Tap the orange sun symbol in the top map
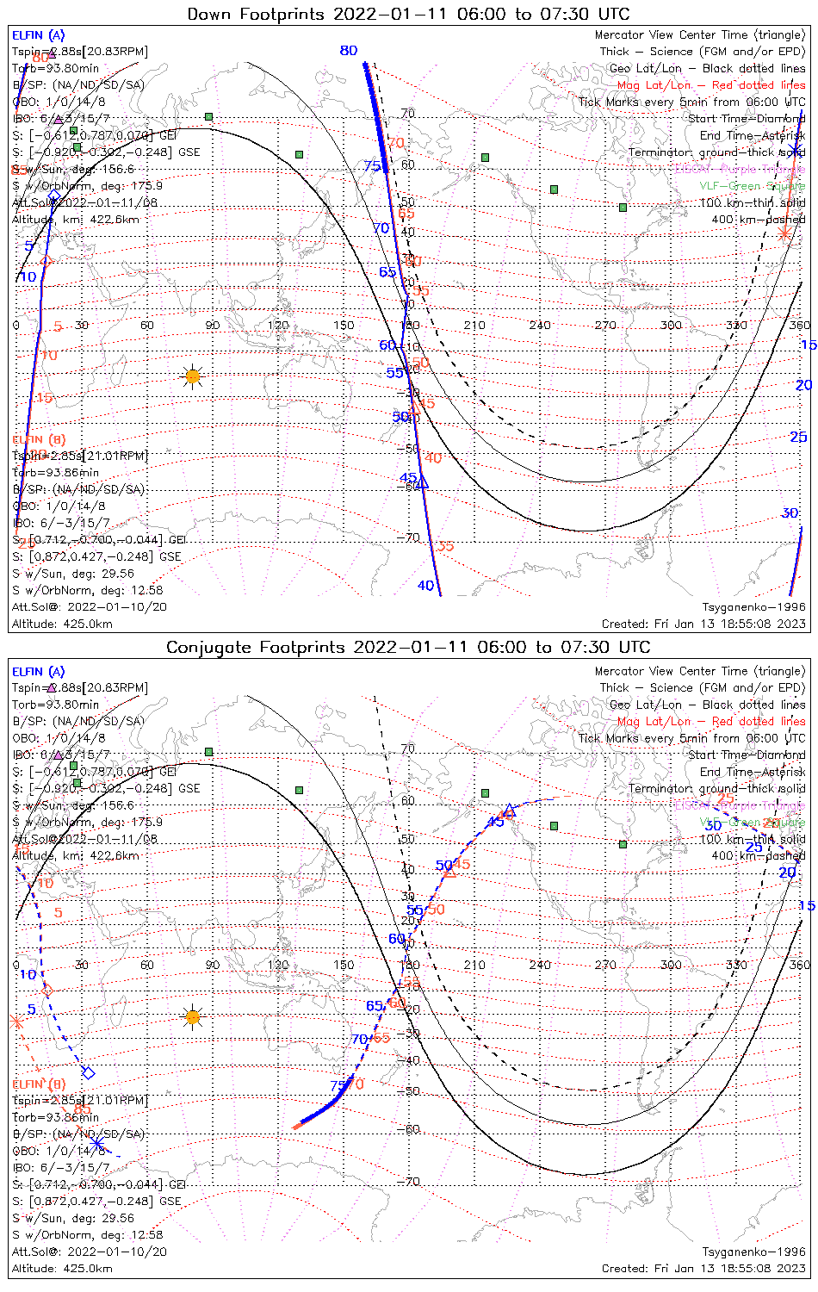[x=193, y=376]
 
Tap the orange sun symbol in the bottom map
[x=193, y=1017]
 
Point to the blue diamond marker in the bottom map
[x=88, y=1072]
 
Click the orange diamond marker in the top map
[x=47, y=260]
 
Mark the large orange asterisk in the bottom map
[x=15, y=1022]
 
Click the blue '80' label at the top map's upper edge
[x=349, y=51]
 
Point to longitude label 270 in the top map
[x=605, y=326]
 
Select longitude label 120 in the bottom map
[x=278, y=965]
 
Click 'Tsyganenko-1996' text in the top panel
[x=753, y=607]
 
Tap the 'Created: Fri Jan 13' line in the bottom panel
[x=703, y=1268]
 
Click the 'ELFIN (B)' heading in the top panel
[x=39, y=439]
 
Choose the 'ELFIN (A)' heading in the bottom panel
[x=39, y=672]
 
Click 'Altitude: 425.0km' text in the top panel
[x=62, y=624]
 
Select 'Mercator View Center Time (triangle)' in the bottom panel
[x=700, y=671]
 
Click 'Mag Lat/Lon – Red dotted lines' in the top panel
[x=711, y=85]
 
